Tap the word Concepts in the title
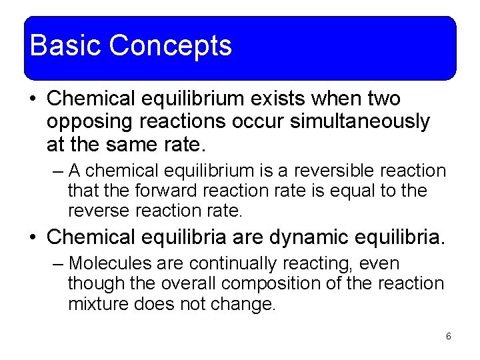click(170, 46)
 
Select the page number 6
click(449, 336)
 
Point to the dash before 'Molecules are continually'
click(57, 264)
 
